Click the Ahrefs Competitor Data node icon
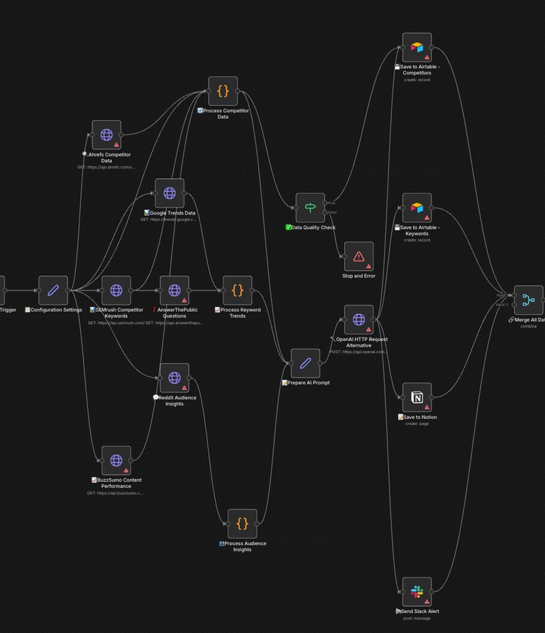tap(106, 134)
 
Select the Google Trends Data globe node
tap(170, 193)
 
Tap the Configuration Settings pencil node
tap(53, 290)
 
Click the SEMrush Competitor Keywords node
tap(116, 290)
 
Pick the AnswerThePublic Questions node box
tap(175, 290)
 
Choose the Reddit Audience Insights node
tap(175, 377)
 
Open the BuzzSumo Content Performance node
tap(116, 460)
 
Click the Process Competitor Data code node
tap(223, 91)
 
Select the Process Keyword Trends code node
tap(238, 290)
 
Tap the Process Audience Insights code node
tap(242, 524)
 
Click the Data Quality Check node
tap(310, 207)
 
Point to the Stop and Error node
tap(358, 256)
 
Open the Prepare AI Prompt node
tap(305, 363)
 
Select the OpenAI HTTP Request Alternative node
tap(358, 319)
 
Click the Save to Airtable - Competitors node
tap(417, 47)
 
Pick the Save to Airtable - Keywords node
tap(417, 207)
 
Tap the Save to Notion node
tap(417, 397)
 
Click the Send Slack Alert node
tap(417, 592)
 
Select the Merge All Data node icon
tap(529, 300)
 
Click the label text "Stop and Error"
tap(358, 276)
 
